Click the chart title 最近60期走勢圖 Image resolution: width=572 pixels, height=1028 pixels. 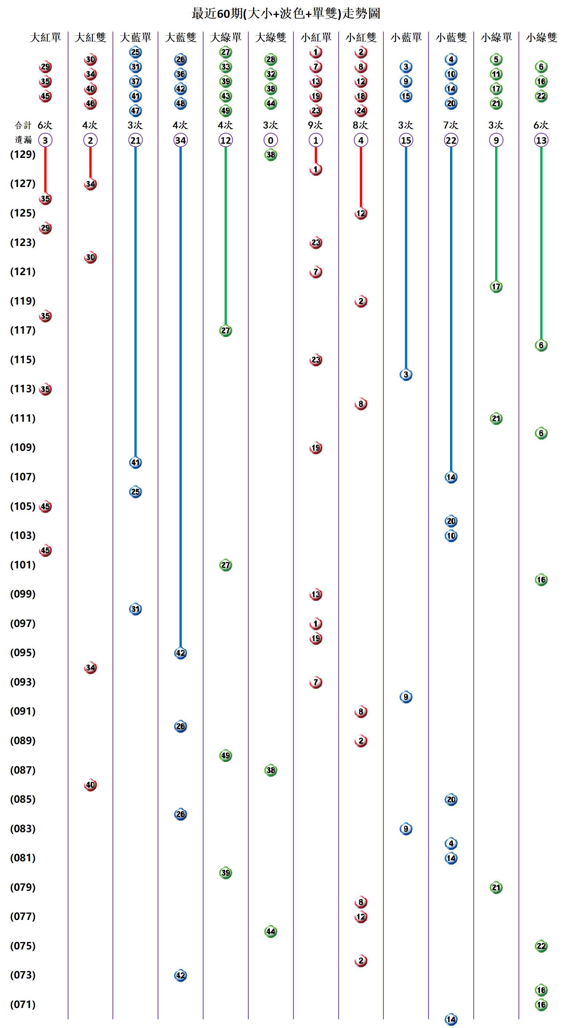(285, 13)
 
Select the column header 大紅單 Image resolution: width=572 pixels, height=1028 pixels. (45, 37)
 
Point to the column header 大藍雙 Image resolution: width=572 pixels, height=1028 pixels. (181, 37)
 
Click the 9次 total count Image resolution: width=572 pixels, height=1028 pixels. (315, 125)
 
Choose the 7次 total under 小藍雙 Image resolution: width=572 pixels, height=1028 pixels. (451, 125)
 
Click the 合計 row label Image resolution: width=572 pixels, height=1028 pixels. (23, 125)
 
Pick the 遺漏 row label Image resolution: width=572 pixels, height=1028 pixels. (23, 140)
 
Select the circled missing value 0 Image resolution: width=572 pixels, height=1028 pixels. (271, 140)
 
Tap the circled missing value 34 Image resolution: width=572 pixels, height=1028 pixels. (181, 140)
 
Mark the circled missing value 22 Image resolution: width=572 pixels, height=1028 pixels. (451, 140)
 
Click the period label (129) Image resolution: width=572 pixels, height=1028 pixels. (23, 154)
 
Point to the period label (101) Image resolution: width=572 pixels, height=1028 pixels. (23, 565)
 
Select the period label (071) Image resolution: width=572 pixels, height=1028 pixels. (23, 1004)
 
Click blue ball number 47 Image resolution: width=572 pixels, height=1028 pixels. (135, 111)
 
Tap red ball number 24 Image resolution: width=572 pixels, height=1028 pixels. (361, 111)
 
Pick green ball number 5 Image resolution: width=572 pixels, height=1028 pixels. (496, 59)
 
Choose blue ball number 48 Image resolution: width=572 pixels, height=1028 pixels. (181, 103)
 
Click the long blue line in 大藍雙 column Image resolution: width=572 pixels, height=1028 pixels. (181, 399)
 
